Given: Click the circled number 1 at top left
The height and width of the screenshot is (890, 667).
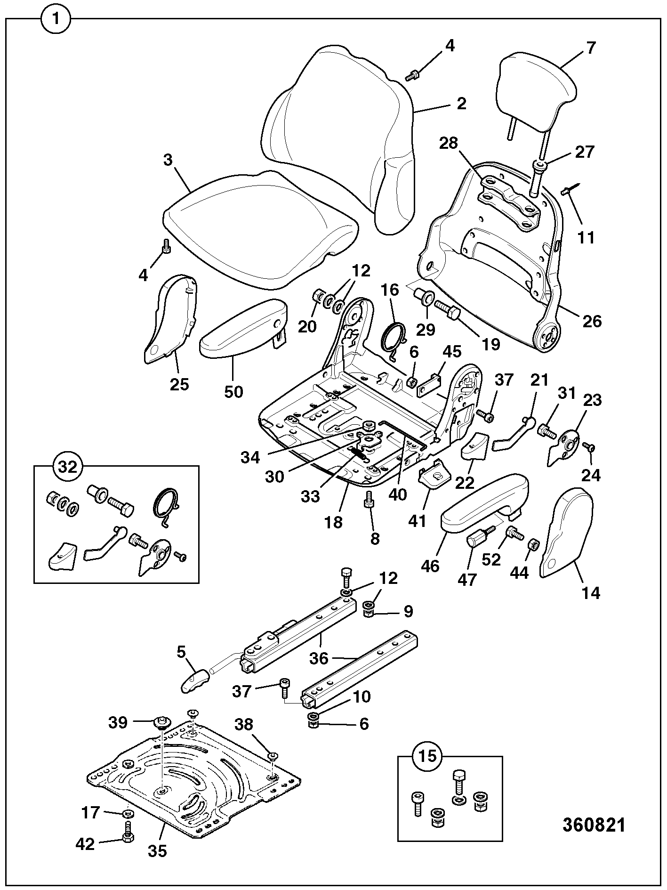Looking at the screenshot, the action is pyautogui.click(x=56, y=19).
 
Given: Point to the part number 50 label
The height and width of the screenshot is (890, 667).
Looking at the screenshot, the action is pyautogui.click(x=233, y=391).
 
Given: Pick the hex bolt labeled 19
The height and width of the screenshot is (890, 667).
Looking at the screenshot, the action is pyautogui.click(x=447, y=310).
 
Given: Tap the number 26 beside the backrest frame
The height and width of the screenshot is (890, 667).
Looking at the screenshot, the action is pyautogui.click(x=592, y=322).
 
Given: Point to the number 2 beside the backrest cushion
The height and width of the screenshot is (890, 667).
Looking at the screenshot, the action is pyautogui.click(x=461, y=104).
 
